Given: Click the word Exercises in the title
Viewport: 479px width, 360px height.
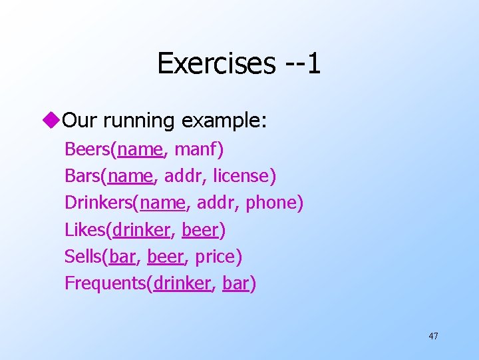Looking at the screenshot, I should tap(216, 63).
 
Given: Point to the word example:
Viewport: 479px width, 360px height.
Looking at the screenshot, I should tap(223, 121).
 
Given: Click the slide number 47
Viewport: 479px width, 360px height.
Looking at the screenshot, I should tap(433, 336).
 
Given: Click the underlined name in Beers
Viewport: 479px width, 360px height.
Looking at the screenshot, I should tap(139, 149).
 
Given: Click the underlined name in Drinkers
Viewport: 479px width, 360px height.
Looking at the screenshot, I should tap(157, 203).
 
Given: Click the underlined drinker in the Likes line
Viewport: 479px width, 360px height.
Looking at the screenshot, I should tap(141, 230).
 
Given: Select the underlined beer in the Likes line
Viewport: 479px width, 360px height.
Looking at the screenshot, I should tap(200, 230).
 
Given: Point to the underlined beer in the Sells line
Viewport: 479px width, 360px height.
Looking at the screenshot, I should tap(166, 257).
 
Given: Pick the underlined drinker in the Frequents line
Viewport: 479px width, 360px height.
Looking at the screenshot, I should tap(182, 283).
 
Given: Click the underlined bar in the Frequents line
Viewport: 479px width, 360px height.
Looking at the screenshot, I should tap(236, 283).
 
